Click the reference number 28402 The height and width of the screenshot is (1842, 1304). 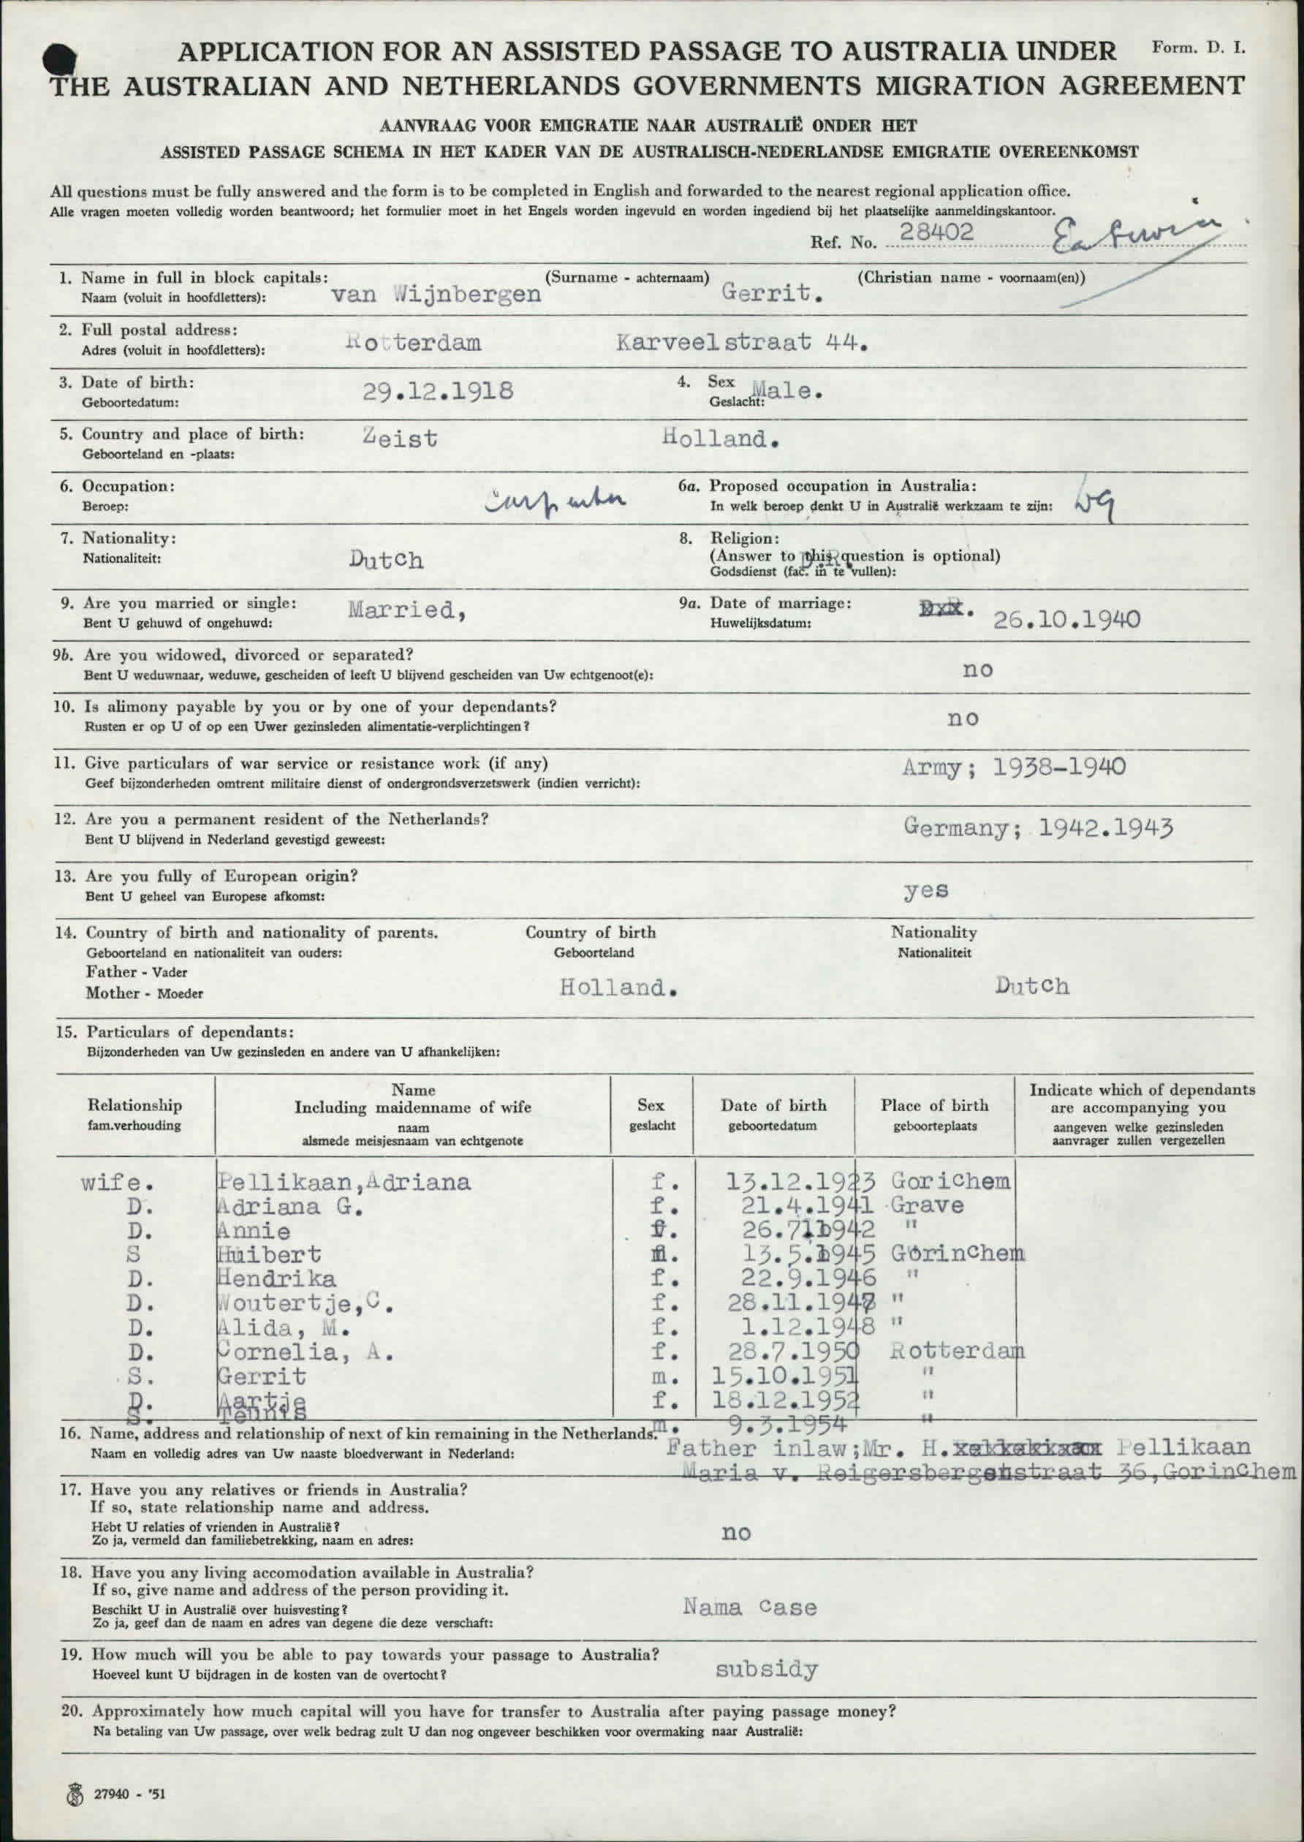click(936, 232)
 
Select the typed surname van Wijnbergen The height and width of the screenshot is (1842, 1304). click(436, 294)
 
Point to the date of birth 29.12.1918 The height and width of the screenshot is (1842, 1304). click(438, 391)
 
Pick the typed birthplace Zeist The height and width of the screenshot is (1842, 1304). click(400, 439)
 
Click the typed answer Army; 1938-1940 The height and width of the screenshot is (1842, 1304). click(1012, 767)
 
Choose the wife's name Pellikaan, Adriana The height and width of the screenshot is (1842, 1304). click(344, 1182)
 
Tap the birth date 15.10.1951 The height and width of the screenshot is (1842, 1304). click(785, 1376)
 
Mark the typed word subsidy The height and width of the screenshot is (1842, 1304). click(766, 1670)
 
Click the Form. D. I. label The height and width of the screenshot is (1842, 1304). click(1198, 48)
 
